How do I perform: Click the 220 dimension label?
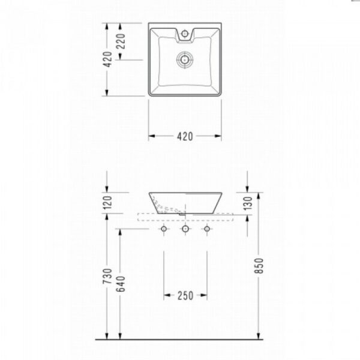coord(121,41)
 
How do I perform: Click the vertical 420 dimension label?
coord(107,59)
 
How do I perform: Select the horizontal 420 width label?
coord(185,137)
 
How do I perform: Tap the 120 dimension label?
coord(107,203)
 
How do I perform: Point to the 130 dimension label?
coord(248,203)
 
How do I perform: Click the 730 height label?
coord(107,276)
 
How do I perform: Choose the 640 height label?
coord(121,284)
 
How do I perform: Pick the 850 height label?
coord(259,266)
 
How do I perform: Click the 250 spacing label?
coord(185,296)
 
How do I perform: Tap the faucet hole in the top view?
coord(185,34)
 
